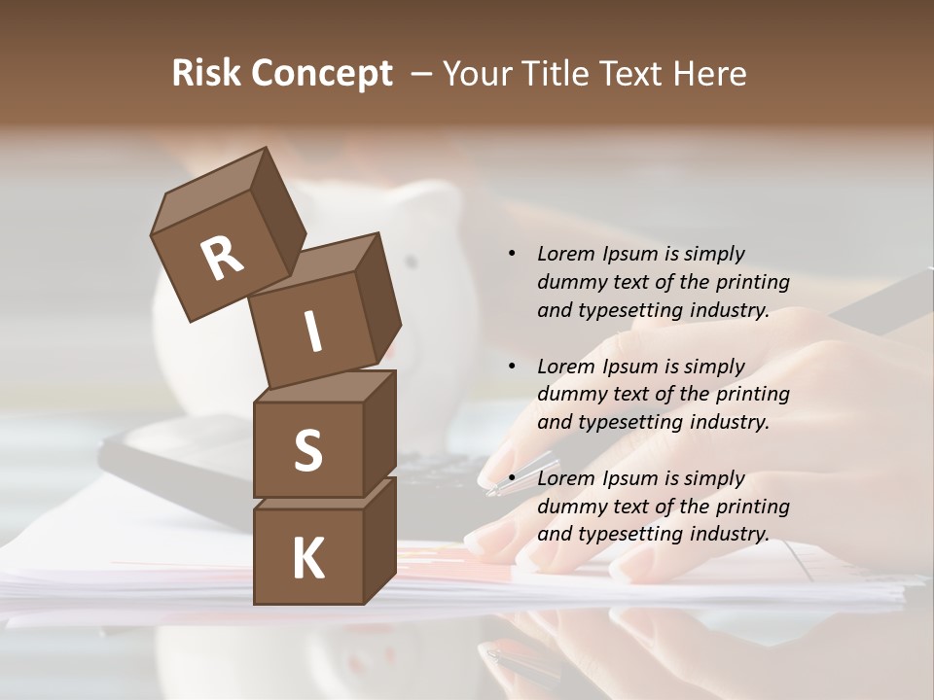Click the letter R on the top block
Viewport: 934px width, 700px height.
click(222, 259)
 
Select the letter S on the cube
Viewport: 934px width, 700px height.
click(307, 450)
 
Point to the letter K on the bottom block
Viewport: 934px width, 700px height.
click(307, 559)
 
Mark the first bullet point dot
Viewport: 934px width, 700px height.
click(512, 254)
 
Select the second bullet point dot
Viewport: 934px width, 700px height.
click(512, 367)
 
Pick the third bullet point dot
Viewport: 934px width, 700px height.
click(512, 478)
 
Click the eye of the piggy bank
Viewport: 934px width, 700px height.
click(412, 262)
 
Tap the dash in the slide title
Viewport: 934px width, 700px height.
click(422, 74)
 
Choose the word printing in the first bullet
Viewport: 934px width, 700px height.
click(752, 282)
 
